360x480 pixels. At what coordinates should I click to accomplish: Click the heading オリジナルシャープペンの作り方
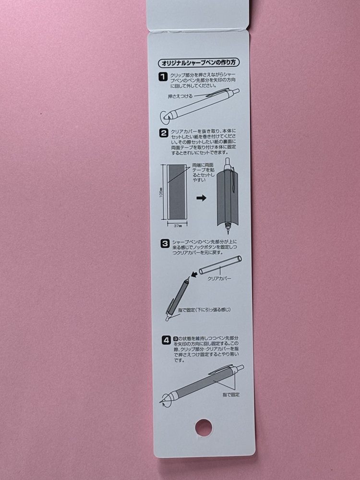[x=199, y=63]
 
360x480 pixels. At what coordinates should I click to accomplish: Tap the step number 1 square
[x=163, y=77]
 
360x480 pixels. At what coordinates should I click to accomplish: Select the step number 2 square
[x=164, y=133]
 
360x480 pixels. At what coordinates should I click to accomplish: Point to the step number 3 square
[x=165, y=244]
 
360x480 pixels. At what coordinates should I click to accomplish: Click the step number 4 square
[x=166, y=340]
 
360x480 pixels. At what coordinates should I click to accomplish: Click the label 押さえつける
[x=180, y=96]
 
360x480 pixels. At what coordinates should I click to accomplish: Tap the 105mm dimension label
[x=161, y=192]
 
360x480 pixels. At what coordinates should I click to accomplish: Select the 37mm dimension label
[x=178, y=226]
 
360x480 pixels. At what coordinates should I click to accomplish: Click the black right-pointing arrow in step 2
[x=201, y=198]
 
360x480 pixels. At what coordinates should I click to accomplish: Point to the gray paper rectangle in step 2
[x=177, y=192]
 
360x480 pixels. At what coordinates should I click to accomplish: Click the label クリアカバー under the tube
[x=219, y=278]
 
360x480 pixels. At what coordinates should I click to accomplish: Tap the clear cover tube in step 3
[x=220, y=265]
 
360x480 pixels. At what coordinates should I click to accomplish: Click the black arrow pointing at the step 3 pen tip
[x=193, y=274]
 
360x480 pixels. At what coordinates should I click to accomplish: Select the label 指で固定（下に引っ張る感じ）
[x=204, y=310]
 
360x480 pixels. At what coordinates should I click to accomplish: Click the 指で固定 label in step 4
[x=231, y=395]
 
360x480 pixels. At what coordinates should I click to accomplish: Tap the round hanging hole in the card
[x=204, y=427]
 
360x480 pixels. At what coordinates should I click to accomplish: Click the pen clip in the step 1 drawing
[x=218, y=92]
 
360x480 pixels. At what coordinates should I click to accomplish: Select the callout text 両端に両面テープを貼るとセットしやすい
[x=203, y=173]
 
